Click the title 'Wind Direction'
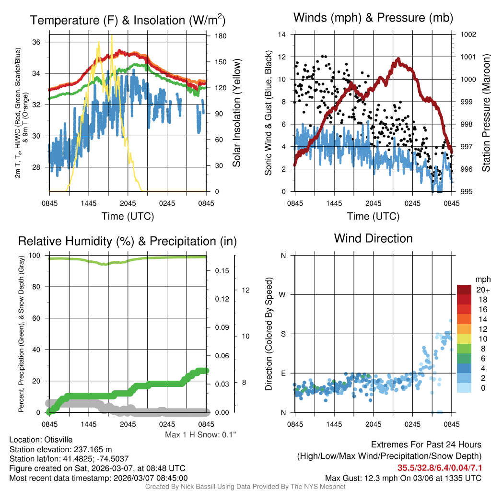(373, 238)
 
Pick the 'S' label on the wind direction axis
(283, 334)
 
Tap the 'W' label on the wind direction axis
(283, 294)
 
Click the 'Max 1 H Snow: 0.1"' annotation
(200, 435)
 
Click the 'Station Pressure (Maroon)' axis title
(485, 113)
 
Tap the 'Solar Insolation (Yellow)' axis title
(236, 113)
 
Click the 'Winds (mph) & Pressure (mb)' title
(373, 18)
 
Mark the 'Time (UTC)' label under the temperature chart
(128, 216)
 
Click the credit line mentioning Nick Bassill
(245, 487)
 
